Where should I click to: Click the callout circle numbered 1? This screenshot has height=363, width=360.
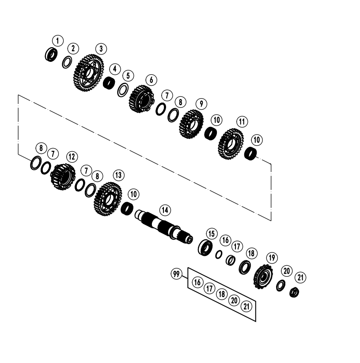[x=58, y=41]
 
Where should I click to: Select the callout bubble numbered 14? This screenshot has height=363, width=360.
[x=165, y=210]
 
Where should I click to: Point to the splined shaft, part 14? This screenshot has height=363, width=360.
[x=164, y=226]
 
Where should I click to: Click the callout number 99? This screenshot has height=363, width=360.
[x=176, y=274]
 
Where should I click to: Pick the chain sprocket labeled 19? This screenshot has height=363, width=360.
[x=263, y=276]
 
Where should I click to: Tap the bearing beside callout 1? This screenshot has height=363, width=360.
[x=51, y=54]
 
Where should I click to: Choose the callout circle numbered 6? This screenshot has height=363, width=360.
[x=152, y=80]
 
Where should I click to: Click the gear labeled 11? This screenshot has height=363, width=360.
[x=231, y=144]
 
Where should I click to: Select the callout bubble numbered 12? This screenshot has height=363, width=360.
[x=72, y=157]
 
